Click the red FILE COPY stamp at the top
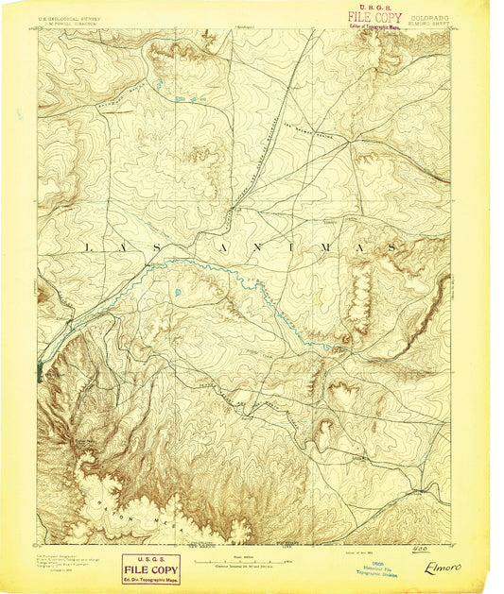pos(374,17)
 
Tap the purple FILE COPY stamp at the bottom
pos(150,567)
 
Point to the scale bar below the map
pos(244,562)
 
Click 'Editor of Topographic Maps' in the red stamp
pos(375,26)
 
